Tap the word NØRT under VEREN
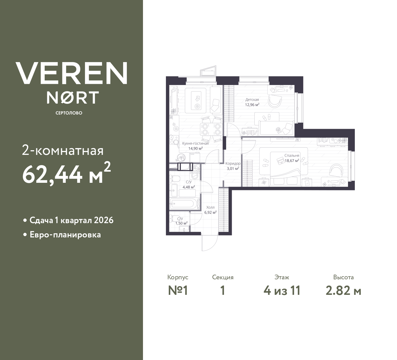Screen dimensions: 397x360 [x=73, y=98]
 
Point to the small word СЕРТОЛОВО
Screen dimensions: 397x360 [x=69, y=113]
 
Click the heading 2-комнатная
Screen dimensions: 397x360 [x=63, y=151]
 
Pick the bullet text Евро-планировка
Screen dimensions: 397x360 [x=65, y=235]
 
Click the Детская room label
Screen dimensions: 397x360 [x=252, y=100]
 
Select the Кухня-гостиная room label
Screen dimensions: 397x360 [x=195, y=143]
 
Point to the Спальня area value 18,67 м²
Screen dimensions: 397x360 [x=292, y=160]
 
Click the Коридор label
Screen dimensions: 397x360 [x=233, y=164]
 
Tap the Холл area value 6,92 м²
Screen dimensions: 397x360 [x=210, y=213]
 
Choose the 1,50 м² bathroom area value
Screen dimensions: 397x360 [x=181, y=223]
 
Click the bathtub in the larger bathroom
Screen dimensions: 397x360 [x=183, y=204]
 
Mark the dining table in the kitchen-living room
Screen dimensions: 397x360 [x=211, y=129]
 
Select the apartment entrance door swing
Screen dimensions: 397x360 [x=210, y=243]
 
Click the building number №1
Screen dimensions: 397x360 [x=178, y=291]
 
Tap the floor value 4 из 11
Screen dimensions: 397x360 [x=282, y=291]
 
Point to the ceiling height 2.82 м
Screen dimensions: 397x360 [x=343, y=291]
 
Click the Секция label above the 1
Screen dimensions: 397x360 [x=223, y=277]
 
